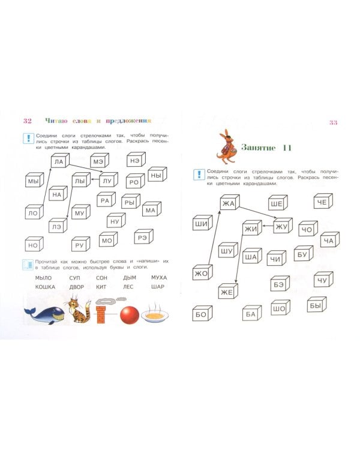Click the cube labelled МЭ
100,161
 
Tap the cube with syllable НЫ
157,175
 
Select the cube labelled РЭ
143,237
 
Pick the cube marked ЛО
34,212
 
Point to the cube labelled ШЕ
278,203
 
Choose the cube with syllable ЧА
330,240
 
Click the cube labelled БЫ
317,305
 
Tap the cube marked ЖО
202,272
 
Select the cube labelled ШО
280,308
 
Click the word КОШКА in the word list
45,287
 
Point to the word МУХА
159,278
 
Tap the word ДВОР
77,287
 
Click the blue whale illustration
44,315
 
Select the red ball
130,315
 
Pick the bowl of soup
155,314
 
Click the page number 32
28,121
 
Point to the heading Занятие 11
266,148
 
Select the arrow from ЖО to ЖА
214,238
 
